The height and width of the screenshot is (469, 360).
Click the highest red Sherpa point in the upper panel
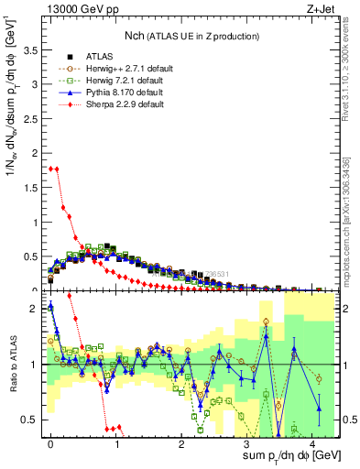51,168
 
